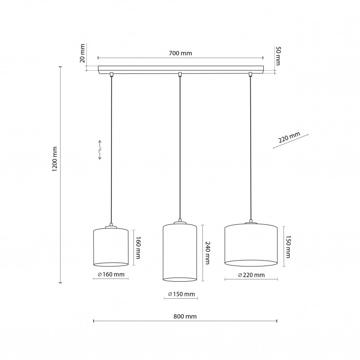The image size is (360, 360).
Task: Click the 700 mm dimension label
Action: point(180,53)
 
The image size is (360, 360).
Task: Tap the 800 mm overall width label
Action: point(185,317)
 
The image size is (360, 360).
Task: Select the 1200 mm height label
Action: point(55,159)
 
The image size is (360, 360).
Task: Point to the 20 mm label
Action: point(82,53)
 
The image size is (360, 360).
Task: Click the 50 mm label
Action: point(278,56)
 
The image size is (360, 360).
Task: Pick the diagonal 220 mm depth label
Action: point(289,137)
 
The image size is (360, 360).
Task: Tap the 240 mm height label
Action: point(207,253)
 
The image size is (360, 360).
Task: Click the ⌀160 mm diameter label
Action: point(111,274)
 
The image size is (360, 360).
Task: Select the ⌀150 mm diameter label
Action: point(181,294)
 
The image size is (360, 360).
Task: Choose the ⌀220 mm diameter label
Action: point(251,275)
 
